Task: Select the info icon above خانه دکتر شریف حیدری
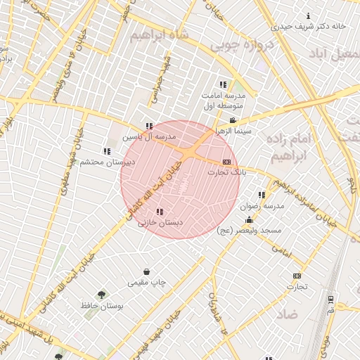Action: pyautogui.click(x=308, y=16)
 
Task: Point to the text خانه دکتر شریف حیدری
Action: pyautogui.click(x=309, y=26)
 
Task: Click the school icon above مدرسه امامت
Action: pyautogui.click(x=224, y=84)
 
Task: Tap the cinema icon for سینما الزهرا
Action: pyautogui.click(x=233, y=121)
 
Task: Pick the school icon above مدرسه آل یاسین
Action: pyautogui.click(x=148, y=127)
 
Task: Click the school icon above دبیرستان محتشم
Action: pyautogui.click(x=107, y=151)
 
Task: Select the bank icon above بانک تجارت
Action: pyautogui.click(x=226, y=162)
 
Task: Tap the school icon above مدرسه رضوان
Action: pyautogui.click(x=262, y=195)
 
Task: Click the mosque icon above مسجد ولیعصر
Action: pyautogui.click(x=249, y=220)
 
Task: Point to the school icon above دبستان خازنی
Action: pyautogui.click(x=160, y=212)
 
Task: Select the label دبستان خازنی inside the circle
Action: pyautogui.click(x=160, y=222)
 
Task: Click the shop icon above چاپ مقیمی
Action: pyautogui.click(x=146, y=271)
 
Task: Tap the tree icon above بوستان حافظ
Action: pyautogui.click(x=103, y=295)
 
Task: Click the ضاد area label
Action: pyautogui.click(x=285, y=313)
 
